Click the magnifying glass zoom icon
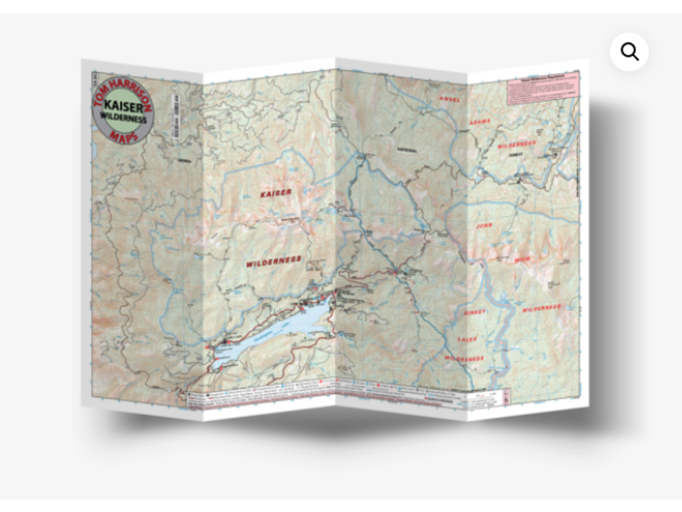tap(629, 51)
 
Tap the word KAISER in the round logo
tap(122, 104)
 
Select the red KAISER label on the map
tap(275, 193)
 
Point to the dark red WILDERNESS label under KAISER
tap(274, 261)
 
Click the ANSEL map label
tap(448, 98)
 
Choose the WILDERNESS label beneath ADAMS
tap(517, 145)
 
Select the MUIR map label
tap(502, 260)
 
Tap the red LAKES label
tap(467, 339)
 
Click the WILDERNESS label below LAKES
tap(463, 359)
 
